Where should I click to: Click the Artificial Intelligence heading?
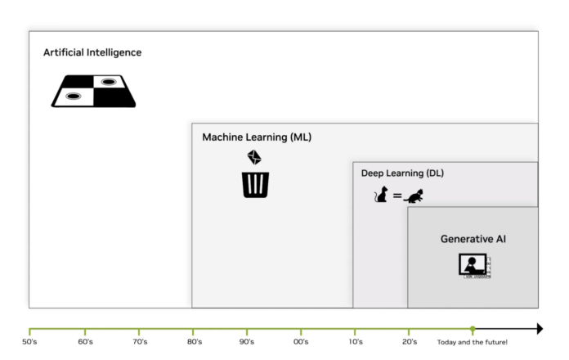point(92,52)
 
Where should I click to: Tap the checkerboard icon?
point(93,91)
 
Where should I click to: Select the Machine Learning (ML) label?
point(257,137)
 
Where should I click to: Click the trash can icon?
point(255,184)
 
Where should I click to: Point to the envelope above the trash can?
point(254,157)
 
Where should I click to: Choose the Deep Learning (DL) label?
point(402,173)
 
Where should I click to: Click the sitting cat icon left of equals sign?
point(381,195)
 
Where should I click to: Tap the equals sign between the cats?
point(397,196)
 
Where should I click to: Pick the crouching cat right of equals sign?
point(414,196)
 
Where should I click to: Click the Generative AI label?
point(473,239)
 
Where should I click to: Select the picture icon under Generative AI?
point(473,265)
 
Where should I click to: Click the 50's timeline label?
point(29,341)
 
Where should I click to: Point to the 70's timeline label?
point(139,341)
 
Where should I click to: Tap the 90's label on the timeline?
point(247,341)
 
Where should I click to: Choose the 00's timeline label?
point(301,341)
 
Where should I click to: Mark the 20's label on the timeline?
point(410,341)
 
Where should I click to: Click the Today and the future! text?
point(472,341)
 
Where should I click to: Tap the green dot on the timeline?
point(473,329)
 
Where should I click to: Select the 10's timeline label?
point(355,341)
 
